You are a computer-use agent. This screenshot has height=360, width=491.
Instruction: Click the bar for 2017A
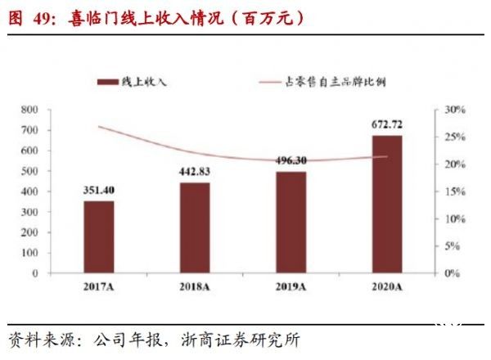pyautogui.click(x=98, y=237)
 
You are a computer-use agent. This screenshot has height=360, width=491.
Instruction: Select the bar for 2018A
pyautogui.click(x=195, y=227)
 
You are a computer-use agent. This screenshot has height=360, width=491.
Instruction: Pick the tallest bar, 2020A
pyautogui.click(x=387, y=205)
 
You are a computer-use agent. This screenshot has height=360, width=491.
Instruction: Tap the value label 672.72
pyautogui.click(x=387, y=124)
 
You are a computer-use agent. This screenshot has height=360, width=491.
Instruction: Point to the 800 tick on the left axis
pyautogui.click(x=52, y=110)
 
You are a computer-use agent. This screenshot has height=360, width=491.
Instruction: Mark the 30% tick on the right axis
pyautogui.click(x=454, y=110)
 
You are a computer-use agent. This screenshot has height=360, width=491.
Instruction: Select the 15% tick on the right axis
pyautogui.click(x=454, y=191)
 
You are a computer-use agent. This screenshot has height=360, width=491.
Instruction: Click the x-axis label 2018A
pyautogui.click(x=195, y=286)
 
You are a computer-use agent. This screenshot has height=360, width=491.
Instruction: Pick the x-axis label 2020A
pyautogui.click(x=387, y=286)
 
